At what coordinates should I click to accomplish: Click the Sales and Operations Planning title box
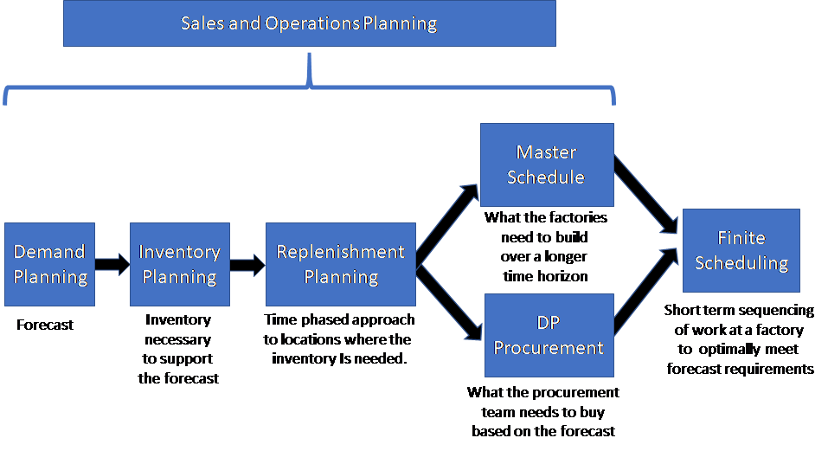coord(309,23)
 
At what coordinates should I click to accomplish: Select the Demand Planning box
coord(49,264)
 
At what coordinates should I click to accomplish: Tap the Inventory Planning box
coord(179,264)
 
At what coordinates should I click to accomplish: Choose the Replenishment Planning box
coord(340,264)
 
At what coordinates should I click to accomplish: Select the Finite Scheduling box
coord(741,250)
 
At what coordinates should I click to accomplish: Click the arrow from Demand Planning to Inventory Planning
coord(112,265)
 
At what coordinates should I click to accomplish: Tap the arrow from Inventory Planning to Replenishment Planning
coord(247,265)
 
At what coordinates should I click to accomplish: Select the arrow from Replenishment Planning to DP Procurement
coord(448,304)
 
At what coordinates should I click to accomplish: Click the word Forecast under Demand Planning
coord(45,325)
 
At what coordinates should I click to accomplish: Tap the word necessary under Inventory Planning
coord(179,339)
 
